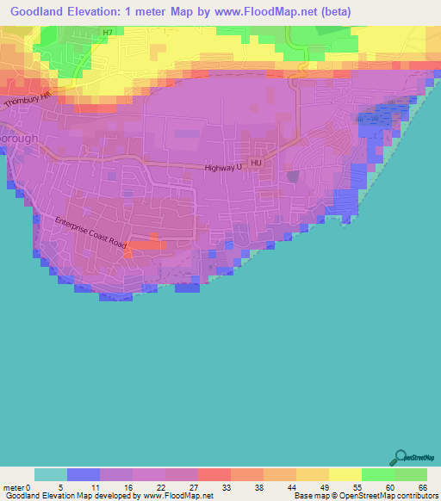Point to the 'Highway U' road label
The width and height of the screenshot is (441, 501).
tap(226, 168)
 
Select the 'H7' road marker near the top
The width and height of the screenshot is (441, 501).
tap(107, 33)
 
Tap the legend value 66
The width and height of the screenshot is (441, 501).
tap(422, 487)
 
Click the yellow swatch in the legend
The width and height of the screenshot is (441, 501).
tap(345, 474)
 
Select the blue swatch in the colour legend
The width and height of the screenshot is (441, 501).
tap(84, 474)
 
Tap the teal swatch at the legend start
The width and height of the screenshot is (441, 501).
tap(51, 474)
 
